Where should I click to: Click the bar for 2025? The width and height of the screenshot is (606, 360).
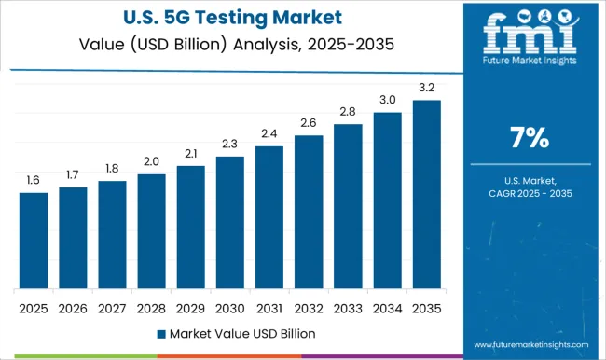[33, 241]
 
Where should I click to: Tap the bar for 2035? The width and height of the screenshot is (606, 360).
[426, 194]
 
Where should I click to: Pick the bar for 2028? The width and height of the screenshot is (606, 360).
[151, 231]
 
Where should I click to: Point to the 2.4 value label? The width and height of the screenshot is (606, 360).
[269, 133]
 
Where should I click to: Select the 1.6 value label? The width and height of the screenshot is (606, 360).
[33, 180]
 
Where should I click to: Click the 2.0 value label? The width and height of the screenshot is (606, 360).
[151, 160]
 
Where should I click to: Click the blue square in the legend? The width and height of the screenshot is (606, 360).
[161, 333]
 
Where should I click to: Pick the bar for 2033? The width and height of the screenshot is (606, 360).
[348, 206]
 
